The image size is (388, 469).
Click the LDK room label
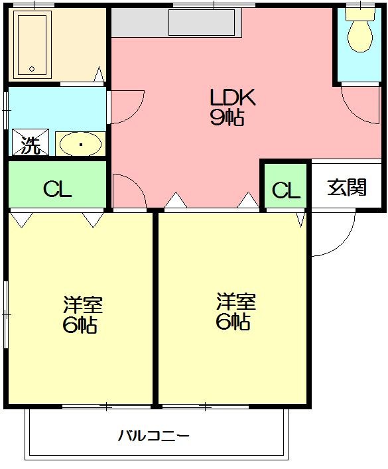(233, 98)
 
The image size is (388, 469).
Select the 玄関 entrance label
(347, 188)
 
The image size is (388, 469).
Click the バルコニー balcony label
(154, 436)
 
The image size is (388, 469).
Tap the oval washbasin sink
(80, 143)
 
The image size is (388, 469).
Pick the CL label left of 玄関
(286, 190)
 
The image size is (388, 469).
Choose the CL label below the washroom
(57, 190)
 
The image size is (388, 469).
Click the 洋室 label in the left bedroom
(83, 306)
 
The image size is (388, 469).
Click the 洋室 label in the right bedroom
(236, 302)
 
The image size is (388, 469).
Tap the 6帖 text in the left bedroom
(82, 326)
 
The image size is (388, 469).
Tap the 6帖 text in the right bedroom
(233, 322)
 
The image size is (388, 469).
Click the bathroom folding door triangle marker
(99, 74)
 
